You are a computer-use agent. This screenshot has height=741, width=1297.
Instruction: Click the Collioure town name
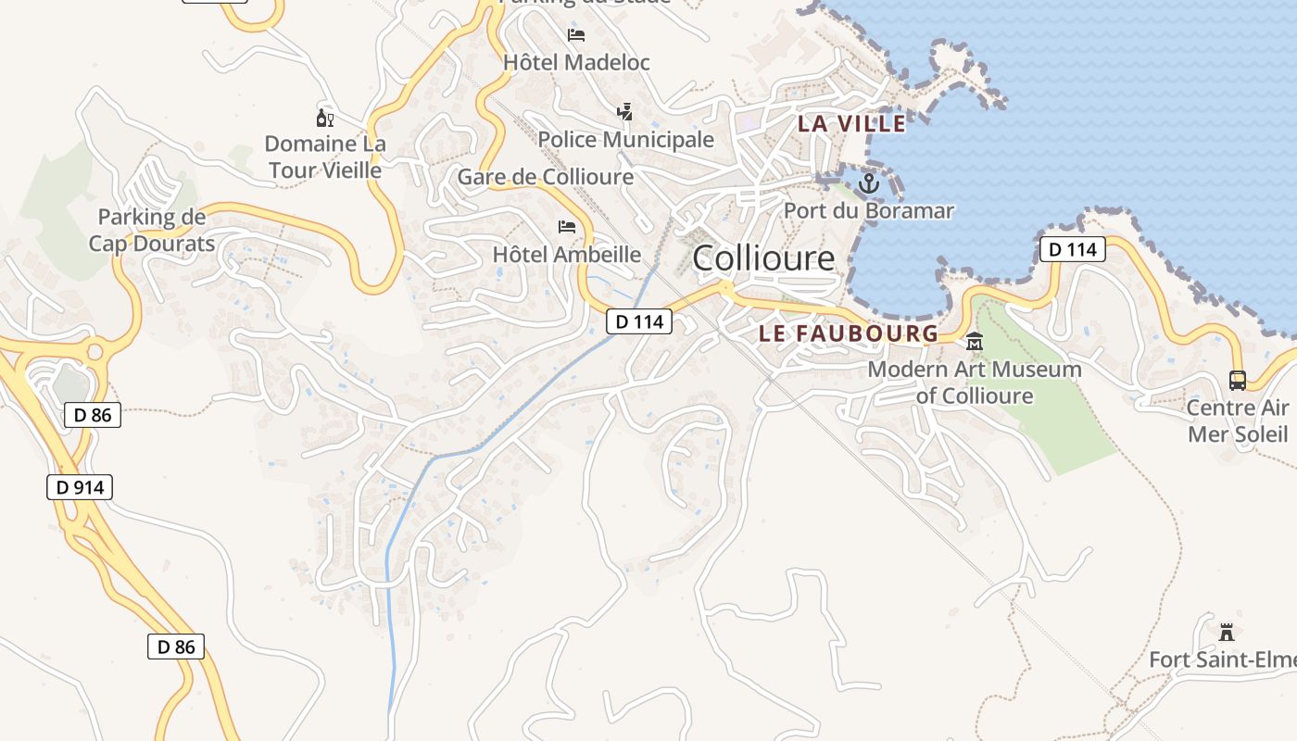[762, 257]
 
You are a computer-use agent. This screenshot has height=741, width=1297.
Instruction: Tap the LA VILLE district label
[851, 123]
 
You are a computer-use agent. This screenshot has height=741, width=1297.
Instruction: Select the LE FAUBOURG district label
[849, 333]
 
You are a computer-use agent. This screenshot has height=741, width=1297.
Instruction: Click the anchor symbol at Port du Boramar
[868, 183]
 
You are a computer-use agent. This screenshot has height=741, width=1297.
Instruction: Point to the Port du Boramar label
[868, 211]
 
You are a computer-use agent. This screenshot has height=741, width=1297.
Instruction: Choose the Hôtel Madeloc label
[576, 62]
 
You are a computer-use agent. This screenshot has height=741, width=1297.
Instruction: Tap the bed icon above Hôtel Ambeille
[566, 227]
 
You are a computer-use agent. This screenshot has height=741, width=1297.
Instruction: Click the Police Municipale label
[626, 140]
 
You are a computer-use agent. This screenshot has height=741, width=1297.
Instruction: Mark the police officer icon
[625, 112]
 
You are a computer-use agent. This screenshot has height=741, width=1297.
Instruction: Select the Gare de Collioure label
[546, 177]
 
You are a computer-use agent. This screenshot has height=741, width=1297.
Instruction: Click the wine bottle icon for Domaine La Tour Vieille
[324, 118]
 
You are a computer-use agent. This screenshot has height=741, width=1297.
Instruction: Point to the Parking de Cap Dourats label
[152, 231]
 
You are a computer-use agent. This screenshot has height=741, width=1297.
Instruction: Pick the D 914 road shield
[80, 487]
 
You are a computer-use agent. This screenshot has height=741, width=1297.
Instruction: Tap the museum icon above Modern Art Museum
[974, 343]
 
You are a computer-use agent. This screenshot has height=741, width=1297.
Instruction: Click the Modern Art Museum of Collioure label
[975, 383]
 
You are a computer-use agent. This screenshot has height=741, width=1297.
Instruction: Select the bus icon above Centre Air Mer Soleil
[1238, 380]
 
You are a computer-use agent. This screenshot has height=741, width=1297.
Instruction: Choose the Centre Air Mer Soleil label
[1238, 421]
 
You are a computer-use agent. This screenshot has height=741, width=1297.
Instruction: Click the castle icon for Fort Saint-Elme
[1227, 633]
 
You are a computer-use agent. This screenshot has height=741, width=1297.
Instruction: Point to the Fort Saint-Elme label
[1222, 660]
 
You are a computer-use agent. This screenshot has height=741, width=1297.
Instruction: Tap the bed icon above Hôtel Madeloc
[576, 36]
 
